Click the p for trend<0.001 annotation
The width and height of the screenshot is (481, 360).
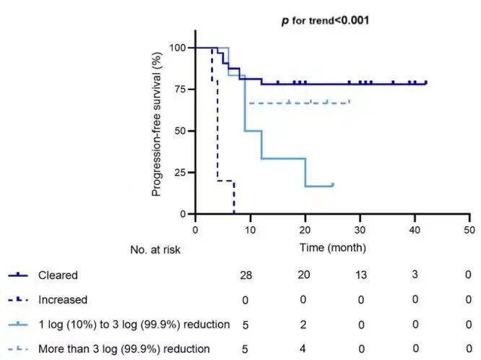click(325, 20)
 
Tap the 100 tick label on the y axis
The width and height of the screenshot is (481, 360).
click(178, 48)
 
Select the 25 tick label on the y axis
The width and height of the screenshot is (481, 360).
click(180, 172)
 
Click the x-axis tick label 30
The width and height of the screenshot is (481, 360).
click(360, 230)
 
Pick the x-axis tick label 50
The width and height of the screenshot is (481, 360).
click(469, 230)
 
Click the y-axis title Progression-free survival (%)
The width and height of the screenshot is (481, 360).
click(157, 124)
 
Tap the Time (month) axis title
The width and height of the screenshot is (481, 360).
click(333, 247)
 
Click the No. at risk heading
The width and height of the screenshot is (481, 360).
click(155, 249)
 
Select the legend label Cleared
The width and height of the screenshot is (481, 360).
click(58, 275)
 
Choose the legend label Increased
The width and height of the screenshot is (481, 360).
click(63, 300)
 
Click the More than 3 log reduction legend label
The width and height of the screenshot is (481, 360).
click(124, 349)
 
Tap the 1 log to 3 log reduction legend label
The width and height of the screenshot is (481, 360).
click(134, 325)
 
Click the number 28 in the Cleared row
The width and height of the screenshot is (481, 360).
click(246, 275)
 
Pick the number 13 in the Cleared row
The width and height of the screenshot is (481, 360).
click(361, 275)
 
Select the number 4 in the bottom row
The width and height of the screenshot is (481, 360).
click(303, 348)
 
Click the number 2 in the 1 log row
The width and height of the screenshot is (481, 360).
click(303, 325)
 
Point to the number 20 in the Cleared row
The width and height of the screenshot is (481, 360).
click(303, 274)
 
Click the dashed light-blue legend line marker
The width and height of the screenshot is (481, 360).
click(18, 349)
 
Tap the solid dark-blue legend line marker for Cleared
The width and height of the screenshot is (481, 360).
click(18, 275)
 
